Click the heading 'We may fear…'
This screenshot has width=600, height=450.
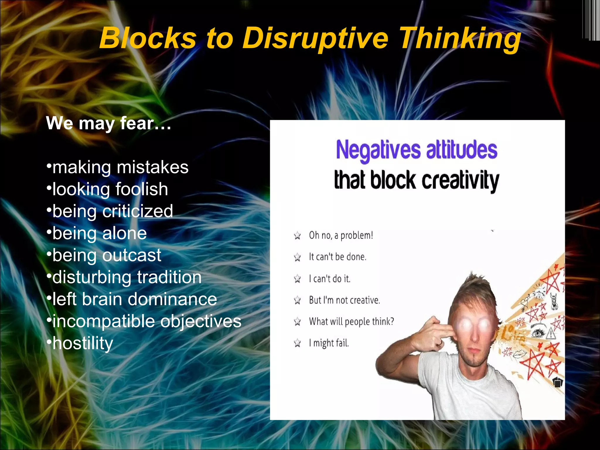coord(108,123)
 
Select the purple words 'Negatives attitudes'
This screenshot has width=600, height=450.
coord(416,150)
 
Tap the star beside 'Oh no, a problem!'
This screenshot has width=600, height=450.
coord(297,236)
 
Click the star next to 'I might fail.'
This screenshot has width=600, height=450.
coord(297,343)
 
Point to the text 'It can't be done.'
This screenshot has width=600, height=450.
coord(337,257)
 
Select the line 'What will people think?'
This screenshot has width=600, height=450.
coord(351,322)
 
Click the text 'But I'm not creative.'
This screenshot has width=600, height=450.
coord(344,300)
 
